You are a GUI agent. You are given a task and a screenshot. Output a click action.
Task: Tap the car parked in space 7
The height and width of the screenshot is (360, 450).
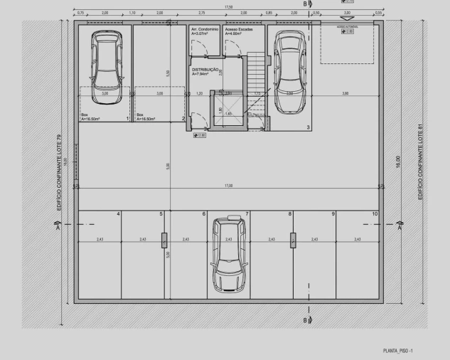(227, 255)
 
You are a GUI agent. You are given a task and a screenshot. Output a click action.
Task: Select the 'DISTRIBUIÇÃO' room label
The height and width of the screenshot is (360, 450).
(207, 70)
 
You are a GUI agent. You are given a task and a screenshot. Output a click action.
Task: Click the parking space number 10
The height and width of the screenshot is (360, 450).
(375, 214)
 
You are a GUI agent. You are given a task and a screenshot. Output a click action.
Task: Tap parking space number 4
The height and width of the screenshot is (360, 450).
(118, 214)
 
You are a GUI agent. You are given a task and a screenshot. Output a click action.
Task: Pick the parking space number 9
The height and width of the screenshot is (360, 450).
(333, 214)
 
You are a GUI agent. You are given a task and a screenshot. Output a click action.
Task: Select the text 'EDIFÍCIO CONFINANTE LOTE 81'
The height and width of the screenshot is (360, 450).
(421, 161)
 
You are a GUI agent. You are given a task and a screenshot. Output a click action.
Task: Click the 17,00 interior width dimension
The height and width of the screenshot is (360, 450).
(227, 186)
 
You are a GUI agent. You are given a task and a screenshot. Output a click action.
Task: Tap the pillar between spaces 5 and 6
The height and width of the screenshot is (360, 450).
(164, 240)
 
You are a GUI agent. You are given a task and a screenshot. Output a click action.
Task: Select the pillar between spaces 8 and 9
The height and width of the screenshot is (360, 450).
(292, 240)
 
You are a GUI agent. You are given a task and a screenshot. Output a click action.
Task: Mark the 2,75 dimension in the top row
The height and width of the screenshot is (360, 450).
(202, 14)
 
